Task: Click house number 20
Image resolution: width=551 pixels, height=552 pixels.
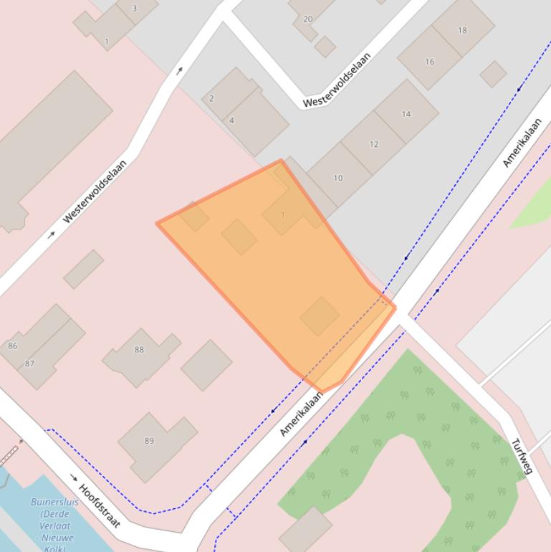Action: point(308,19)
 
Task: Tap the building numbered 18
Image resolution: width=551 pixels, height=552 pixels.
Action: point(462,30)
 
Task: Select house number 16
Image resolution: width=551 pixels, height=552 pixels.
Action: point(429,62)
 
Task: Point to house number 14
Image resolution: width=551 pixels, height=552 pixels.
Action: point(406,114)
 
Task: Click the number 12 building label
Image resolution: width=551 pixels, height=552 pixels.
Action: point(373,144)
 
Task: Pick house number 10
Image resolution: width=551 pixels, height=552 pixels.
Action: point(337,178)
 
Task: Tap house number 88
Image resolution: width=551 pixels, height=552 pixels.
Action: point(139,350)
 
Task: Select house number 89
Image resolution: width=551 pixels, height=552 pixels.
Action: point(149,441)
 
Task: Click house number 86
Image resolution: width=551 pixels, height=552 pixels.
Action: point(12,346)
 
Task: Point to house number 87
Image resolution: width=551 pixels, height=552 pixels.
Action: point(29,363)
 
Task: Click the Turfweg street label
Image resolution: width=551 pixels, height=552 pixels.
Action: point(522,456)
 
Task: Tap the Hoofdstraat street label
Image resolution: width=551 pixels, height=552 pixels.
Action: point(98,505)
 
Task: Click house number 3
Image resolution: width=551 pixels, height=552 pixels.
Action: point(135,9)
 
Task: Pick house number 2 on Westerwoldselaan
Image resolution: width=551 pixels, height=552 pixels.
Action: point(211,98)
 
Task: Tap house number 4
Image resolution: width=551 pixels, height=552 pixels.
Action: point(231,120)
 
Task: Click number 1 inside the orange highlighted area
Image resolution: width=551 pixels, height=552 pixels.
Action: point(283,215)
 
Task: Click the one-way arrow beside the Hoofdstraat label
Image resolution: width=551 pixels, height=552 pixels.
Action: point(74,477)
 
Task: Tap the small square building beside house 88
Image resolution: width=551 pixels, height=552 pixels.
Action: point(206,365)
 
